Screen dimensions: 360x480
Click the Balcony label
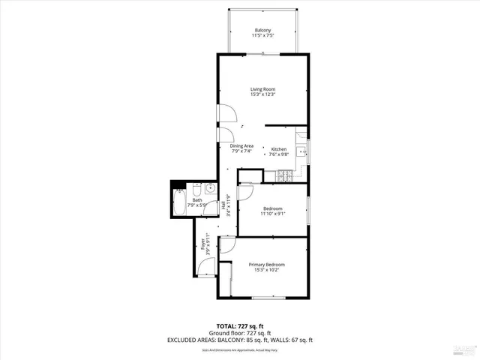pyautogui.click(x=262, y=31)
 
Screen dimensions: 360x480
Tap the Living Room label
pyautogui.click(x=262, y=89)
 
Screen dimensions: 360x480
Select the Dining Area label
pyautogui.click(x=241, y=145)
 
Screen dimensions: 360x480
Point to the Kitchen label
pyautogui.click(x=279, y=149)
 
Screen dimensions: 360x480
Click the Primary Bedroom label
pyautogui.click(x=266, y=265)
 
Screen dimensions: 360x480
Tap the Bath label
pyautogui.click(x=197, y=200)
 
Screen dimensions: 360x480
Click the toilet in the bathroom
pyautogui.click(x=196, y=187)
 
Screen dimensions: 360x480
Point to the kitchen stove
pyautogui.click(x=286, y=176)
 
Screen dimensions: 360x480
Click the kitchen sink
pyautogui.click(x=301, y=151)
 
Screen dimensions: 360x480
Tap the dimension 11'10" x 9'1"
pyautogui.click(x=272, y=214)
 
